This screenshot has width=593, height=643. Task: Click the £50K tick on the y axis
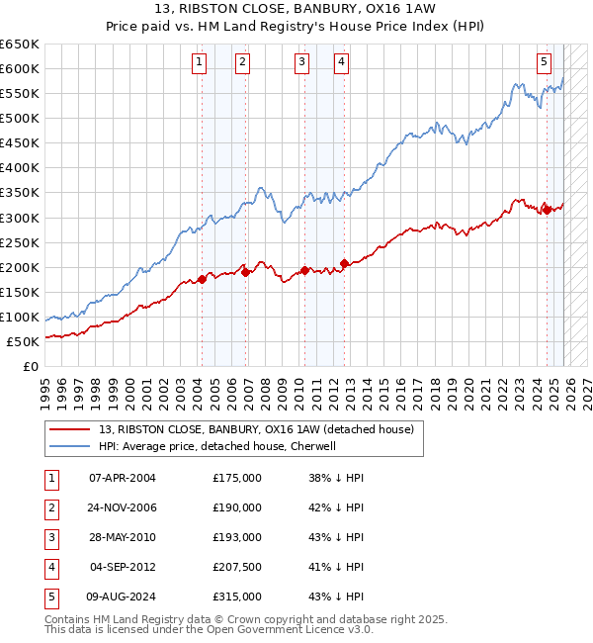24,341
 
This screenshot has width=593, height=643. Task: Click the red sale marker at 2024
547,209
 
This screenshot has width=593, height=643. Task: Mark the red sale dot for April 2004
202,279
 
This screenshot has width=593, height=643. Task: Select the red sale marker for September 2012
344,263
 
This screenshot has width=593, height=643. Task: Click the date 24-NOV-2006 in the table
124,507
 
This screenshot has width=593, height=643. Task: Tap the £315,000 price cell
237,597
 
